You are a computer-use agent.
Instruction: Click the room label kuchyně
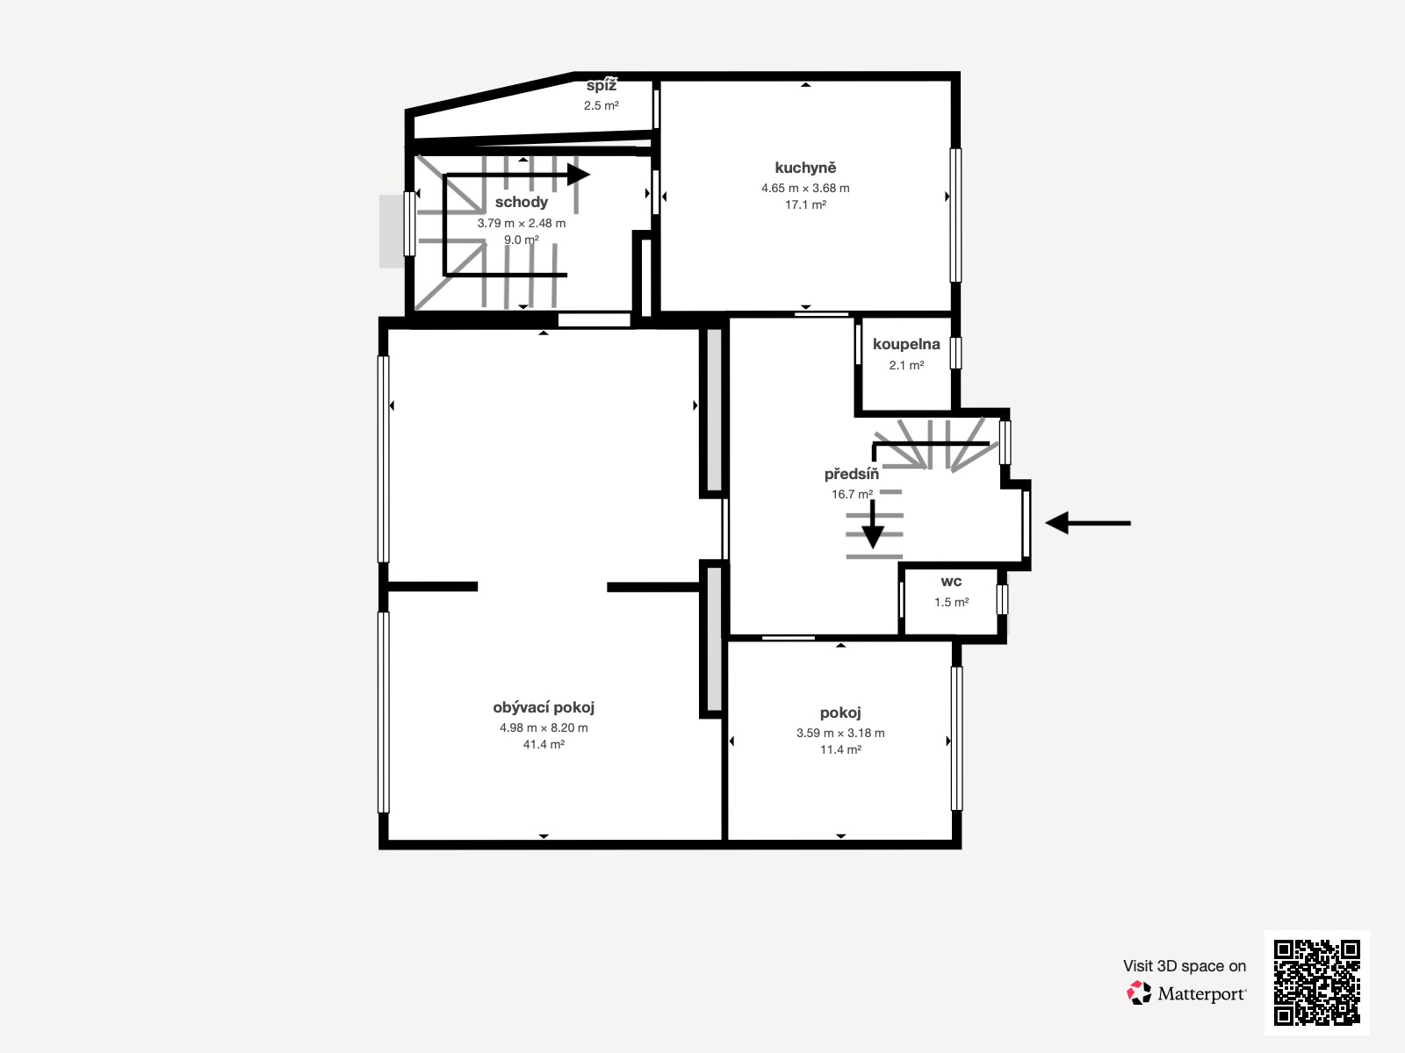tap(805, 168)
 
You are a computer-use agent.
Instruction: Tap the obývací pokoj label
tap(544, 708)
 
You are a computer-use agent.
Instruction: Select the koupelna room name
tap(906, 345)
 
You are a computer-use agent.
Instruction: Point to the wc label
tap(951, 582)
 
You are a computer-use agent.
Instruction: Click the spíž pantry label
tap(602, 86)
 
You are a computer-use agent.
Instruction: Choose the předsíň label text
tap(851, 475)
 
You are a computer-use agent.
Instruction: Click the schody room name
tap(522, 203)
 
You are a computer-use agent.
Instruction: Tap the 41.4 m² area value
tap(544, 744)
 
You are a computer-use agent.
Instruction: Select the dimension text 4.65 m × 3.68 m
tap(805, 188)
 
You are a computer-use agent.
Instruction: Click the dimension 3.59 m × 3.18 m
tap(840, 733)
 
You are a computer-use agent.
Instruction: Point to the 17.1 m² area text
tap(805, 204)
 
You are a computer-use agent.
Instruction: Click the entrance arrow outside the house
tap(1088, 523)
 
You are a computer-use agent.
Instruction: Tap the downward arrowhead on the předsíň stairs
tap(873, 537)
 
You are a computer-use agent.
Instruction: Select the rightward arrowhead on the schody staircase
tap(579, 175)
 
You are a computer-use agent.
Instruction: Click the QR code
tap(1316, 982)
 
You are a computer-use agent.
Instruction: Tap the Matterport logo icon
tap(1139, 993)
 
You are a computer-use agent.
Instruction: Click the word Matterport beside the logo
tap(1201, 994)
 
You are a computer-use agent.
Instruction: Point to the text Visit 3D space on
tap(1185, 966)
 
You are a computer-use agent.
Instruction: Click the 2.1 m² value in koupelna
tap(906, 365)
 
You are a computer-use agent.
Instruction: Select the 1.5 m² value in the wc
tap(951, 602)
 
